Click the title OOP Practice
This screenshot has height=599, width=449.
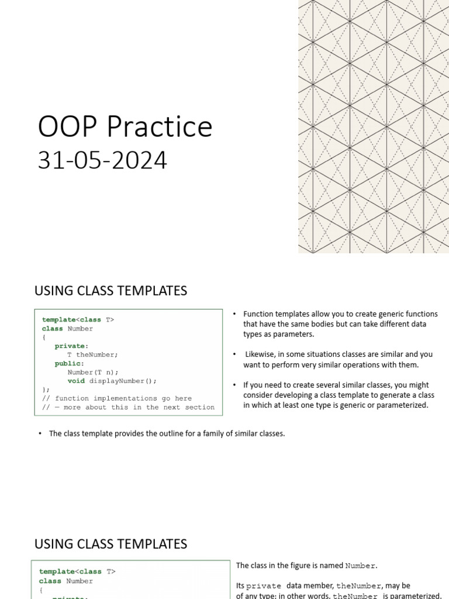pos(125,127)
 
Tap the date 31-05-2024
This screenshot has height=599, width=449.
pos(102,160)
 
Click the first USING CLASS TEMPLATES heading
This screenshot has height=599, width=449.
pos(110,291)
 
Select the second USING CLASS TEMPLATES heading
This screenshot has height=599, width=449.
pos(110,544)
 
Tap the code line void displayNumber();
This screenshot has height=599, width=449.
pos(112,381)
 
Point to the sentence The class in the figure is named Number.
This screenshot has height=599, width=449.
pos(307,566)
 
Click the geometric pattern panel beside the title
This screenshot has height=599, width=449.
pos(374,126)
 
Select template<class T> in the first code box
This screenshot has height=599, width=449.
pos(78,319)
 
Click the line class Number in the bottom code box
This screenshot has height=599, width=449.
pos(66,581)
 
